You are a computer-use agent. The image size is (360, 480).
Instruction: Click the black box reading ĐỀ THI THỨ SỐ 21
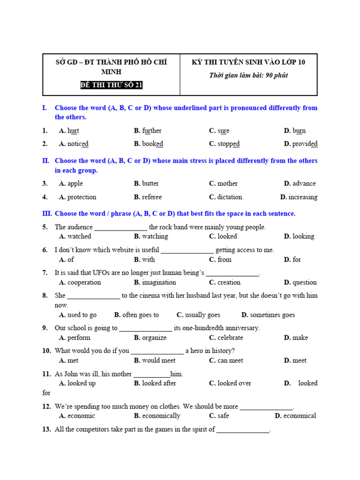(x=111, y=85)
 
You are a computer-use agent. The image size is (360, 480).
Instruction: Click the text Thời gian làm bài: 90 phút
(x=248, y=75)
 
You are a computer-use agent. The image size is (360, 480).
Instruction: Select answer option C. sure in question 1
(x=219, y=131)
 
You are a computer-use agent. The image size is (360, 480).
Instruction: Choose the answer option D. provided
(x=300, y=144)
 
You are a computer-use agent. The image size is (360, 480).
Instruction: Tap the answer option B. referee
(x=148, y=197)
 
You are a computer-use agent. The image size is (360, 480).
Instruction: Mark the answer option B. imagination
(x=155, y=282)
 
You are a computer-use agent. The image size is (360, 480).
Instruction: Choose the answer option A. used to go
(x=78, y=315)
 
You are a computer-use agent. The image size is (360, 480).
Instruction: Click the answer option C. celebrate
(x=226, y=337)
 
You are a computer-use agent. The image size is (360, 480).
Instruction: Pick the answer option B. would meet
(x=154, y=360)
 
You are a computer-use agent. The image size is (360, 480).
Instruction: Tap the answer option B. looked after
(x=155, y=383)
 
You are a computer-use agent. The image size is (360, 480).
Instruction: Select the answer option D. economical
(x=295, y=416)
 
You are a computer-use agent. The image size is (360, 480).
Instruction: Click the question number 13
(x=46, y=429)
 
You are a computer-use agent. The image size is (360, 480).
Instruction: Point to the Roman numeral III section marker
(x=47, y=213)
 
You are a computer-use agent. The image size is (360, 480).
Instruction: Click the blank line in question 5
(x=121, y=228)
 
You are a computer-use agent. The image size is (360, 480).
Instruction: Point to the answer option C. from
(x=220, y=259)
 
